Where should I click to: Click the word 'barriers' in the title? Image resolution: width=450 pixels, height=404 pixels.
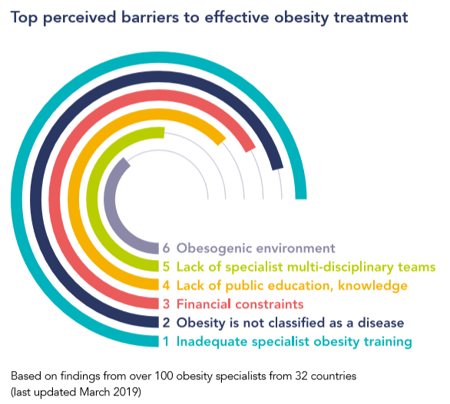click(x=150, y=17)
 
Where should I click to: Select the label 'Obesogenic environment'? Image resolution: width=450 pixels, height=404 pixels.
click(x=256, y=248)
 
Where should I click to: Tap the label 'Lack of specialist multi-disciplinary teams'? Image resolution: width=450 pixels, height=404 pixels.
click(x=306, y=268)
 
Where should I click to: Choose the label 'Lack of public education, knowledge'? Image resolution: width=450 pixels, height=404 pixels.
click(x=292, y=286)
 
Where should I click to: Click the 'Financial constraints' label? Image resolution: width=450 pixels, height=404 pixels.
click(x=240, y=304)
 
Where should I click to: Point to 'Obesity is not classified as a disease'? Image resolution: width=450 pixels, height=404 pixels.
click(x=290, y=324)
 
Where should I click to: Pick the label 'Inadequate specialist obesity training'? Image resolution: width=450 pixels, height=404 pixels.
click(x=294, y=342)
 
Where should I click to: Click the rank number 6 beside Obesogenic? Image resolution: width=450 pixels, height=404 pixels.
click(x=166, y=248)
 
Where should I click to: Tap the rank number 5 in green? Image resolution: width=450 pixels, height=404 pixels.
click(x=166, y=267)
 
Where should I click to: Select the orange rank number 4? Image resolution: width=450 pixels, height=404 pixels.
click(x=166, y=286)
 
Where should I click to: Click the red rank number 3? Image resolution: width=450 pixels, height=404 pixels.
click(x=166, y=304)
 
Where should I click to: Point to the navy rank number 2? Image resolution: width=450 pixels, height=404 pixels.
click(x=166, y=323)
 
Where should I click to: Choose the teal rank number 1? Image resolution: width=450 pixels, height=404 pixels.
click(x=166, y=342)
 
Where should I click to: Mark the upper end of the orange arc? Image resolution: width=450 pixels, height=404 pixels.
click(x=222, y=142)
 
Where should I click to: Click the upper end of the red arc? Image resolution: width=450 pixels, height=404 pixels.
click(x=251, y=149)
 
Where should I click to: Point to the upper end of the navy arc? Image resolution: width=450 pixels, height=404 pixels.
click(x=277, y=168)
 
